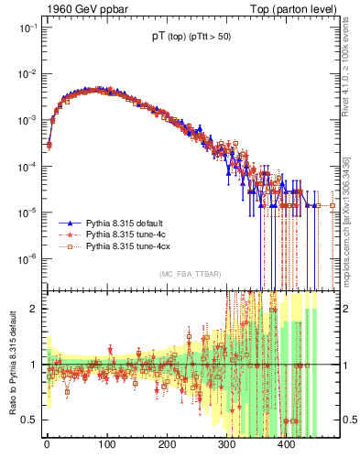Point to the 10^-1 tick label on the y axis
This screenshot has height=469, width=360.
25,27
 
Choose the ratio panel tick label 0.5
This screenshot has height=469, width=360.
29,420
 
